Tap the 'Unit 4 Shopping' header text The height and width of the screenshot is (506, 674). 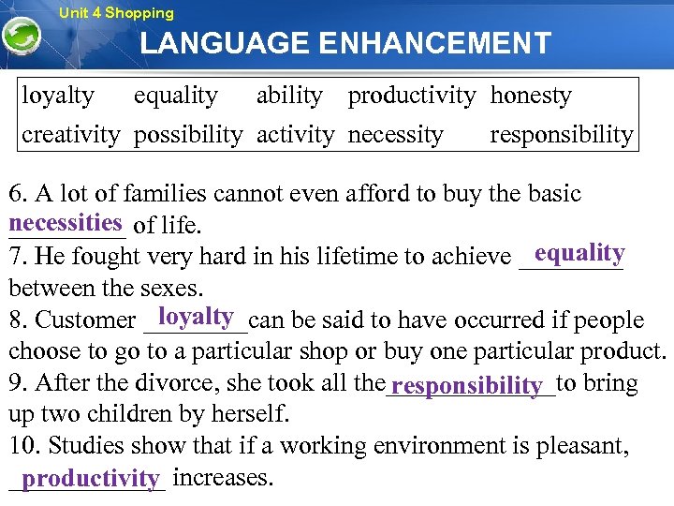tap(116, 13)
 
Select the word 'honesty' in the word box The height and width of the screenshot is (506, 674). tap(531, 96)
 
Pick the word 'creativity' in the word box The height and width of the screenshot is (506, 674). tap(71, 135)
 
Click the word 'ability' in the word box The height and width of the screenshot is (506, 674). tap(289, 96)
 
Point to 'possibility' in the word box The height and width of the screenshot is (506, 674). tap(188, 135)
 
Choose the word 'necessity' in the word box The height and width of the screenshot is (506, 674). tap(395, 135)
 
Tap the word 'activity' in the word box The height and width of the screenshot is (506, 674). tap(295, 135)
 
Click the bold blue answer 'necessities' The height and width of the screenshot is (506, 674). tap(66, 223)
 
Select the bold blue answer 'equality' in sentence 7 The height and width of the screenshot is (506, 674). tap(579, 253)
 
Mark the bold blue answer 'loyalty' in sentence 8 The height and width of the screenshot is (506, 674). tap(196, 316)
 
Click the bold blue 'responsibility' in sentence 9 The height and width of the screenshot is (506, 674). tap(468, 386)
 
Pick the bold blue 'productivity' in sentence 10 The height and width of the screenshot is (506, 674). tap(91, 479)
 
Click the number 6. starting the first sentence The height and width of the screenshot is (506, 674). tap(18, 194)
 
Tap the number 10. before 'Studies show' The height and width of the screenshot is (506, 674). tap(22, 447)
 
